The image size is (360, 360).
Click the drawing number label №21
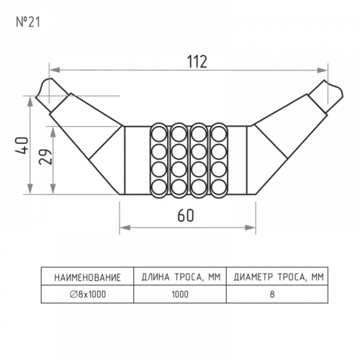(x=28, y=22)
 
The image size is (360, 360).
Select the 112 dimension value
(x=197, y=62)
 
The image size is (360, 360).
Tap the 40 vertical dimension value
(x=22, y=145)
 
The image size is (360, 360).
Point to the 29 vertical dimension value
(x=45, y=156)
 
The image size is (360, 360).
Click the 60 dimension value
(x=186, y=215)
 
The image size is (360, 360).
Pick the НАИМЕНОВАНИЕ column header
(x=87, y=278)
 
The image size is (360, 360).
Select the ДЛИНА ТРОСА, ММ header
(x=181, y=277)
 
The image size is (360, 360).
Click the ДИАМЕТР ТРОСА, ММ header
(x=279, y=277)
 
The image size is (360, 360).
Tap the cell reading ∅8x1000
(x=88, y=294)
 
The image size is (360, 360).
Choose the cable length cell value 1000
(x=180, y=294)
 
